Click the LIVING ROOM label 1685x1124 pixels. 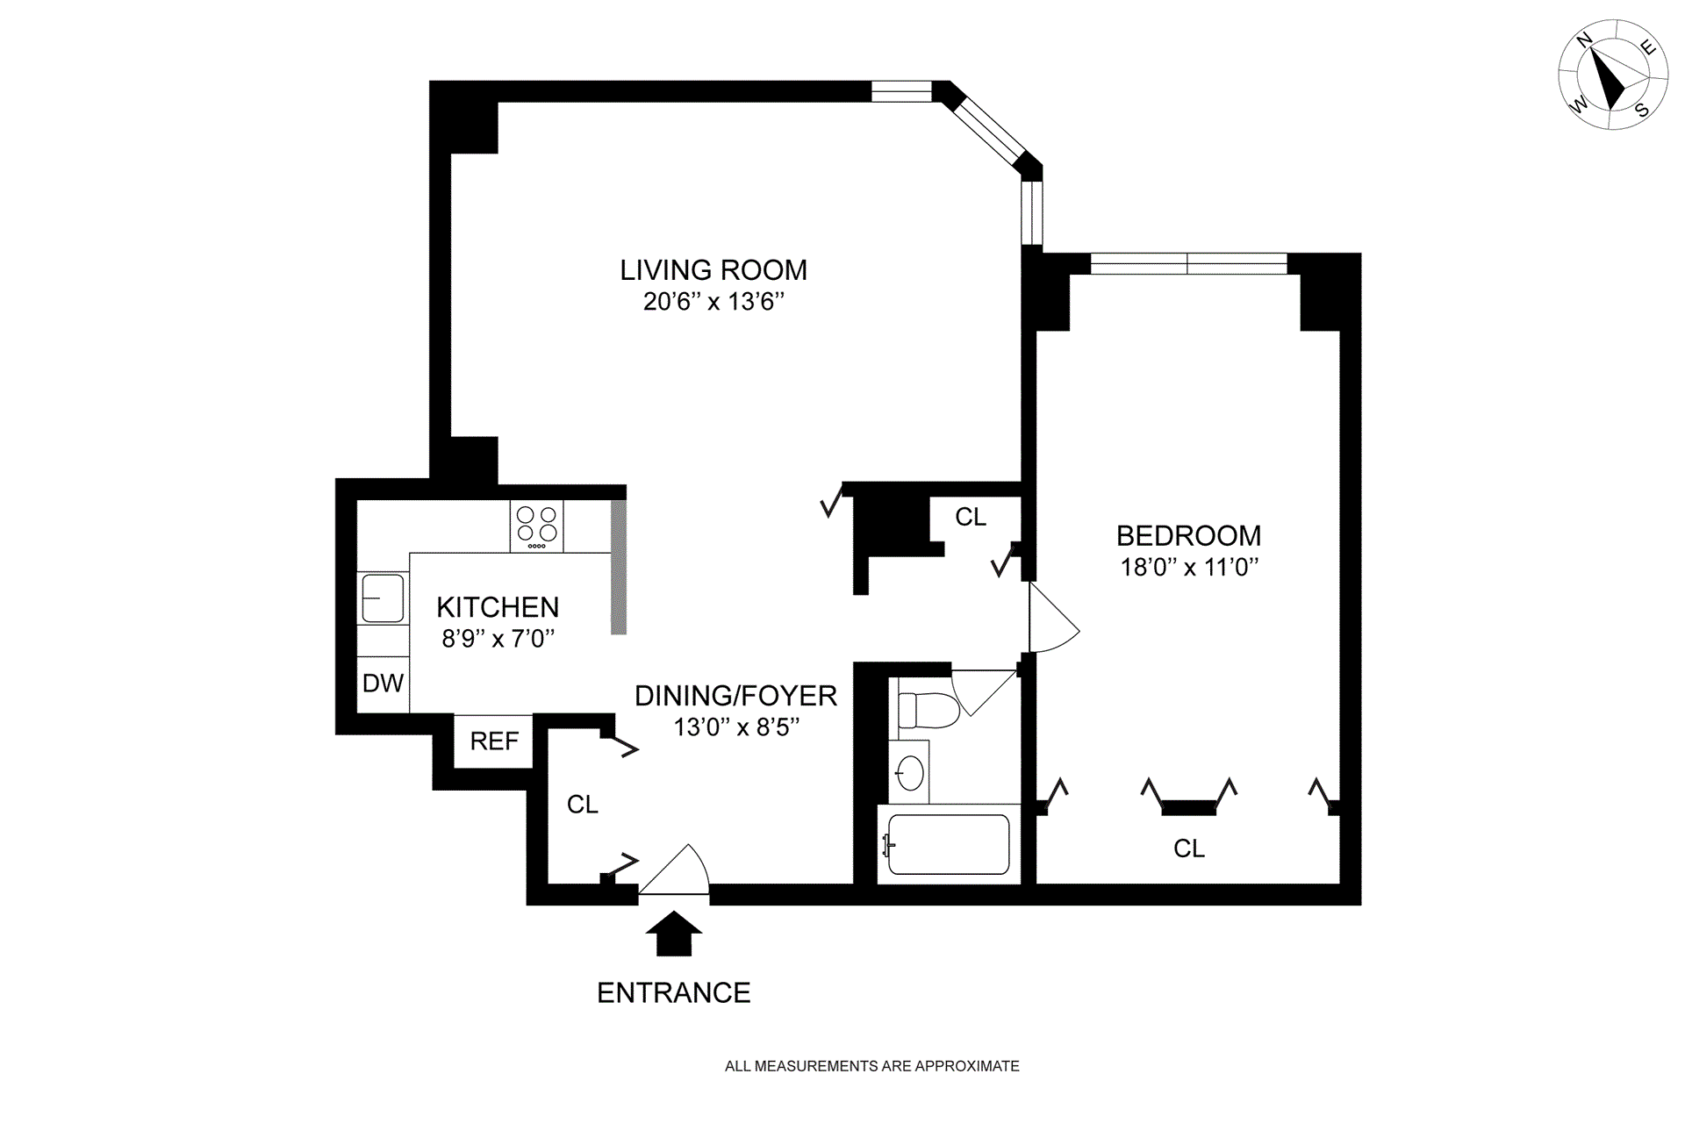click(713, 270)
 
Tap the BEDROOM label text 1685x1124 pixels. click(1188, 535)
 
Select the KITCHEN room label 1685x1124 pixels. click(498, 607)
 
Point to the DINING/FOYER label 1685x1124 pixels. click(735, 696)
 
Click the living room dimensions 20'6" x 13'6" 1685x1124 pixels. click(713, 302)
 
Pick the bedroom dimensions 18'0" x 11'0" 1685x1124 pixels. click(1189, 567)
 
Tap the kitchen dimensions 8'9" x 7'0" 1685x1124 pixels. click(498, 639)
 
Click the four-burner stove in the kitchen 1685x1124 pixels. click(536, 526)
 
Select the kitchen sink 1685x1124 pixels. click(383, 598)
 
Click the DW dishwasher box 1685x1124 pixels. click(384, 684)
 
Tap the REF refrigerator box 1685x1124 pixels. click(494, 741)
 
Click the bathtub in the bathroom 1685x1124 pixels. click(949, 844)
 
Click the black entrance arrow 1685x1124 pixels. click(674, 934)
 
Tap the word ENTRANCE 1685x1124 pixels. click(674, 992)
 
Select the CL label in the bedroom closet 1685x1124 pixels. click(1189, 848)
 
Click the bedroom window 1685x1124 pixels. click(1188, 263)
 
